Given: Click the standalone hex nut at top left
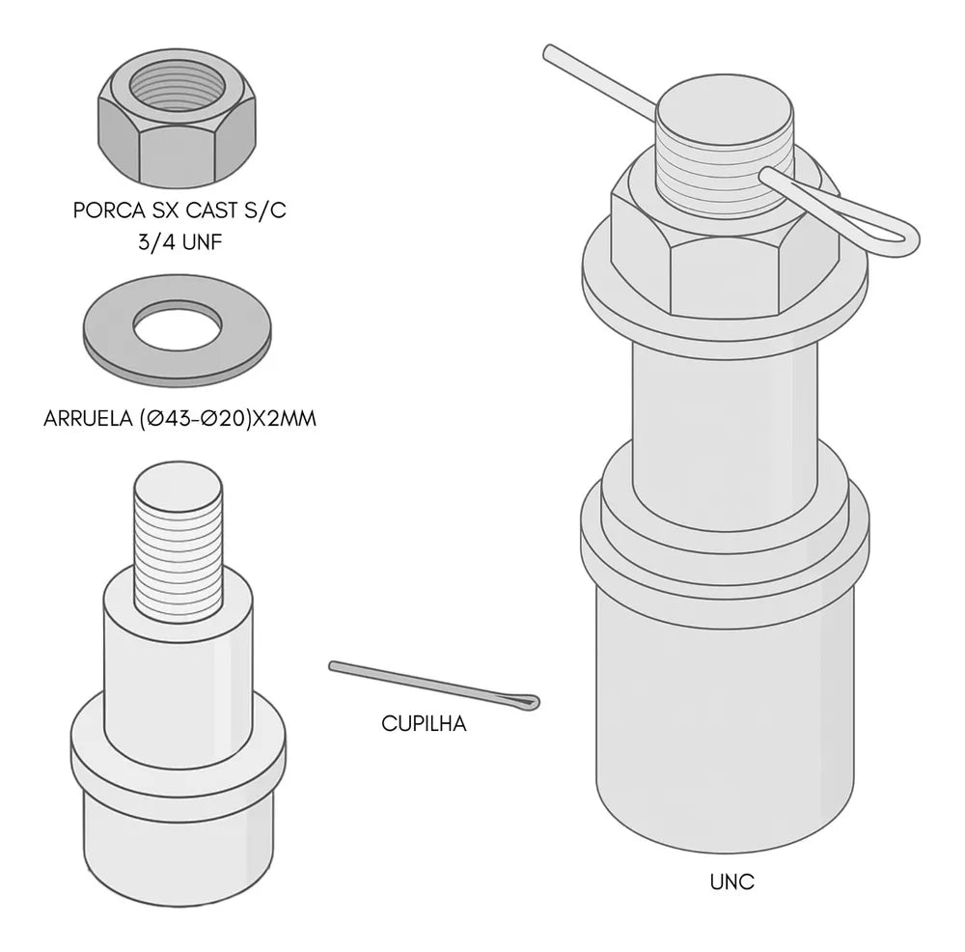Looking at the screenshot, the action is [178, 119].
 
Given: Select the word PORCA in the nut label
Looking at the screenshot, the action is [108, 210].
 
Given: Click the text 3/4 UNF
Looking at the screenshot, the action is [179, 242].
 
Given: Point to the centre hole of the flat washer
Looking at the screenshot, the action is [178, 322].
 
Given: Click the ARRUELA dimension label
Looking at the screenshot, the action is [179, 419].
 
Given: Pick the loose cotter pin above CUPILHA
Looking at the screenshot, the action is [434, 686].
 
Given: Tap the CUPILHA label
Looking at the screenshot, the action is [424, 723].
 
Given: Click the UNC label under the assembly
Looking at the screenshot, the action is [731, 882].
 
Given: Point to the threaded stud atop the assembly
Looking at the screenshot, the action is [725, 154].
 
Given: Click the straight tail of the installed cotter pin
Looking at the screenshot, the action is [600, 79].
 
